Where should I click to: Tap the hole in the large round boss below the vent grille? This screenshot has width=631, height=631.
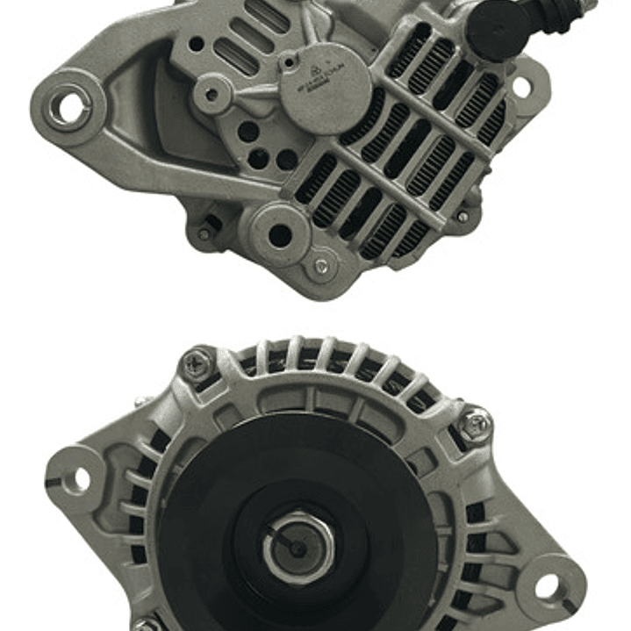(x=279, y=234)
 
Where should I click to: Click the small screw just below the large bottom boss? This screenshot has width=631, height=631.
(x=321, y=266)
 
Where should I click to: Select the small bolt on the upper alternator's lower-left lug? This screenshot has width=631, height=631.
(x=204, y=233)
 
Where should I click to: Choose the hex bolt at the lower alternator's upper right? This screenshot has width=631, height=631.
(x=474, y=424)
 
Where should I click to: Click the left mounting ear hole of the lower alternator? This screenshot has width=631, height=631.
(x=78, y=478)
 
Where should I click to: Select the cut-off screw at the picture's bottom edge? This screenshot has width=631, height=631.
(x=147, y=626)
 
